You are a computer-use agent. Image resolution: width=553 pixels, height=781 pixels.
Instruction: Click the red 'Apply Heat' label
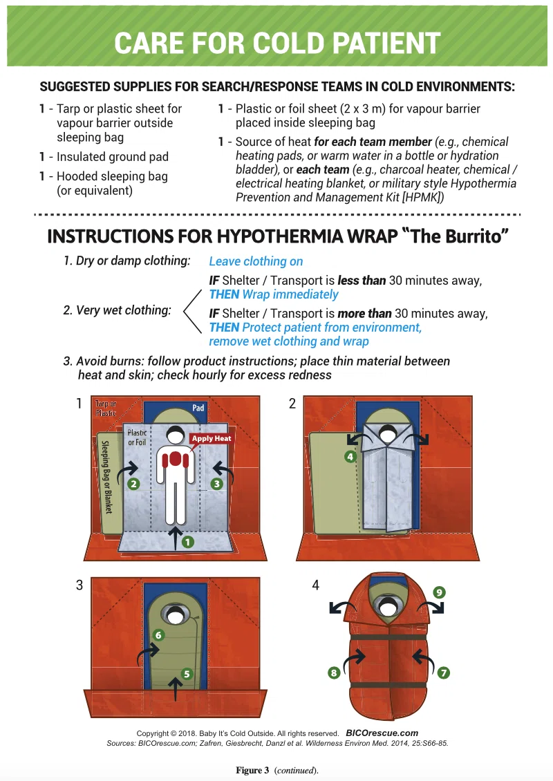coord(212,438)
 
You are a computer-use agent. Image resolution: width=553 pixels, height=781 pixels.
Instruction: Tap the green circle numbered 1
coord(188,541)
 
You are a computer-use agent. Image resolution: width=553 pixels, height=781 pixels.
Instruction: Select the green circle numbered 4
coord(350,456)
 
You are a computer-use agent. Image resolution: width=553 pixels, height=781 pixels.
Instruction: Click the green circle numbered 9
coord(439,592)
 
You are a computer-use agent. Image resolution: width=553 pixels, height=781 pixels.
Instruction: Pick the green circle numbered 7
coord(443,673)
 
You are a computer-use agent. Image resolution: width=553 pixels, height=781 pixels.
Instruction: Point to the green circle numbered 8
coord(334,673)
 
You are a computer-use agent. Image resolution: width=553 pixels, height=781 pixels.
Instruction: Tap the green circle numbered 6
coord(158,635)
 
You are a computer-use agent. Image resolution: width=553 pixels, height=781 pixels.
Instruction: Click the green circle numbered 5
coord(187,674)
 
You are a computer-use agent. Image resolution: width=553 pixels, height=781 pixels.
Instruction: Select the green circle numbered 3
coord(217,483)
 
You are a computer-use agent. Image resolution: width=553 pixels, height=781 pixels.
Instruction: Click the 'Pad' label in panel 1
coord(198,408)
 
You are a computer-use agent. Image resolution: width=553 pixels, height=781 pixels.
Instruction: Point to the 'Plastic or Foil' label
coord(137,437)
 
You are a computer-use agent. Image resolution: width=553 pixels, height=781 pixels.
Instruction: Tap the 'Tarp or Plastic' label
coord(106,408)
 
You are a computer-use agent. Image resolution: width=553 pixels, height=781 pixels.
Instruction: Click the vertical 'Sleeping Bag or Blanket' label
coord(106,477)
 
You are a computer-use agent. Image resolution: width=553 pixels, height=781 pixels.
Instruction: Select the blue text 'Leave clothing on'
coord(256,261)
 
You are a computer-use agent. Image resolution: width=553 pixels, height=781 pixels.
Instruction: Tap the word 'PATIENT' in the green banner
coord(386,43)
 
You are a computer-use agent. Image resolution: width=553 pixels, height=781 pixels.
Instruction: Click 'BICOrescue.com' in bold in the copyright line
coord(382,733)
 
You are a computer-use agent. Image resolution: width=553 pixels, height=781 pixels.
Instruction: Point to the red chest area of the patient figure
coord(175,459)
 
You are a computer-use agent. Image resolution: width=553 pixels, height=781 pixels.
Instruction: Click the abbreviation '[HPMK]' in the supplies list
coord(423,197)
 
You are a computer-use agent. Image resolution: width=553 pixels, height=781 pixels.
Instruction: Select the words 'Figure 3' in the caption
coord(252,770)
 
